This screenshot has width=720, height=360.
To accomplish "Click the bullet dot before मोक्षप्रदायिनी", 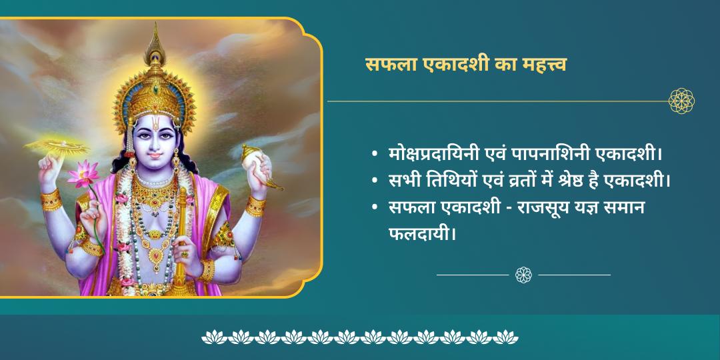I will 375,156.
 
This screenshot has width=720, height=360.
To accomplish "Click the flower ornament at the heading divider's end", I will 681,101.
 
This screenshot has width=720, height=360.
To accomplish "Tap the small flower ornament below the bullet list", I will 523,274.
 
